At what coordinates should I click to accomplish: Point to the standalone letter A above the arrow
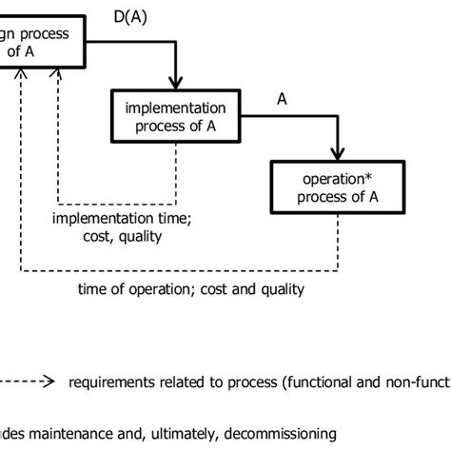click(282, 98)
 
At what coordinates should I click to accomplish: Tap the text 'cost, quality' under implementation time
click(120, 237)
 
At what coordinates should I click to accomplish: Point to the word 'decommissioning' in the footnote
click(281, 433)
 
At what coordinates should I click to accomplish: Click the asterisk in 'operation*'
click(363, 178)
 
